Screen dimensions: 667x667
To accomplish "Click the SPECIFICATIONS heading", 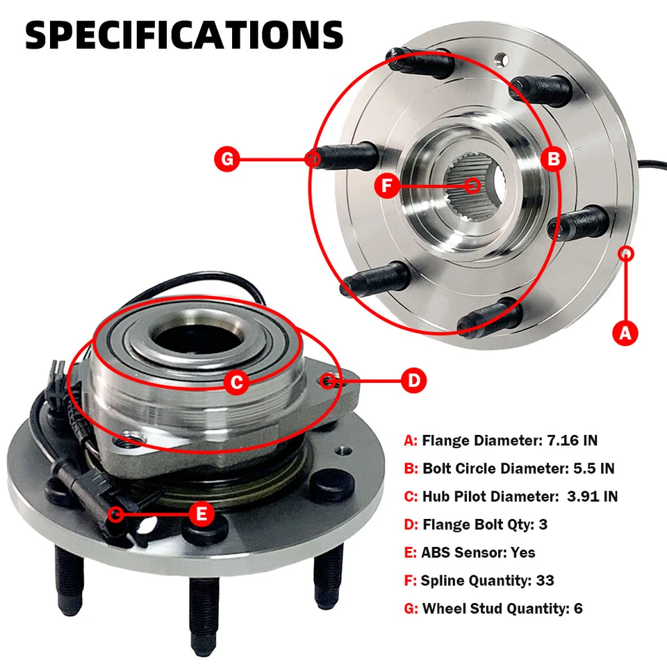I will point(184,35).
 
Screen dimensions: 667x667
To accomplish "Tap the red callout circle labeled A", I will point(625,333).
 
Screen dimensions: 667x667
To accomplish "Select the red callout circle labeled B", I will point(554,160).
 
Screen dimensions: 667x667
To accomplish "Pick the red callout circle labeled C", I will point(237,381).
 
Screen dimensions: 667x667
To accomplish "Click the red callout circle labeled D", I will point(413,380).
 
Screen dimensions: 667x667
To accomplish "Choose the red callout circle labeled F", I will point(387,186).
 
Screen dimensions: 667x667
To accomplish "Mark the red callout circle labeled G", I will point(227,160).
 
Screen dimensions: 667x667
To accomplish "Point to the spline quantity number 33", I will point(545,580).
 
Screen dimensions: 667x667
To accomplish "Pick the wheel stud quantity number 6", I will point(578,609).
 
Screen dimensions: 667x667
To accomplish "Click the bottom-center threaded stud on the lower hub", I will point(203,611).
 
